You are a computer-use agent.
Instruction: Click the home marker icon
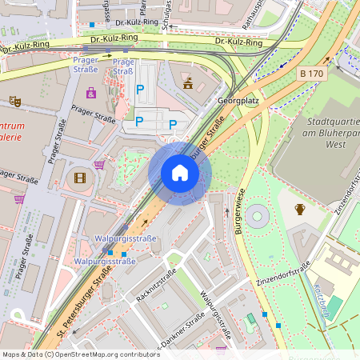pyautogui.click(x=180, y=173)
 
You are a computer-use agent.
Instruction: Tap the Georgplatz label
pyautogui.click(x=238, y=102)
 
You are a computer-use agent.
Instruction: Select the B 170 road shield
pyautogui.click(x=312, y=74)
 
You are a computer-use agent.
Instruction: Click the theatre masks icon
pyautogui.click(x=14, y=102)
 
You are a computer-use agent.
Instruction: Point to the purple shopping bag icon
pyautogui.click(x=91, y=93)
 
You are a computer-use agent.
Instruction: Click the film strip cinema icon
pyautogui.click(x=79, y=178)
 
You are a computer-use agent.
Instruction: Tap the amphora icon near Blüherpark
pyautogui.click(x=300, y=210)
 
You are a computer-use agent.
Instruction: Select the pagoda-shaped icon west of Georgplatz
pyautogui.click(x=188, y=82)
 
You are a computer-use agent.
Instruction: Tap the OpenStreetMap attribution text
pyautogui.click(x=80, y=354)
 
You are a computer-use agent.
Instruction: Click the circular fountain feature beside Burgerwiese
pyautogui.click(x=258, y=216)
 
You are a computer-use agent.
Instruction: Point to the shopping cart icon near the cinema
pyautogui.click(x=99, y=165)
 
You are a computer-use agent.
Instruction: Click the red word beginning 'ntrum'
pyautogui.click(x=11, y=126)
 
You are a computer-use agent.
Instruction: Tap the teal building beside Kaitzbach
pyautogui.click(x=334, y=306)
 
